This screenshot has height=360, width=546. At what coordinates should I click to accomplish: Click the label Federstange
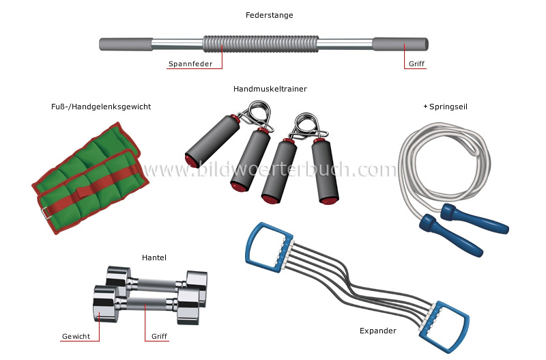point(270,15)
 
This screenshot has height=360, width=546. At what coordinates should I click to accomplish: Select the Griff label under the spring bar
point(416,65)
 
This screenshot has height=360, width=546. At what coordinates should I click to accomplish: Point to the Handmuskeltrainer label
point(270,89)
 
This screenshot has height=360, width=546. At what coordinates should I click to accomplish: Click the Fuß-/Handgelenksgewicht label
point(101,107)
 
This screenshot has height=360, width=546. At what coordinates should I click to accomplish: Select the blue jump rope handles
point(478,222)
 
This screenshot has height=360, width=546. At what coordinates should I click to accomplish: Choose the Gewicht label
point(76,337)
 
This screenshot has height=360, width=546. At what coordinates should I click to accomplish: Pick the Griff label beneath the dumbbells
point(159,337)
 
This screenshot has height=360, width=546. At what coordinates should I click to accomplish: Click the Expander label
point(377,331)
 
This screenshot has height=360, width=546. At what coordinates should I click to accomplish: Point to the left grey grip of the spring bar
point(126,44)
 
